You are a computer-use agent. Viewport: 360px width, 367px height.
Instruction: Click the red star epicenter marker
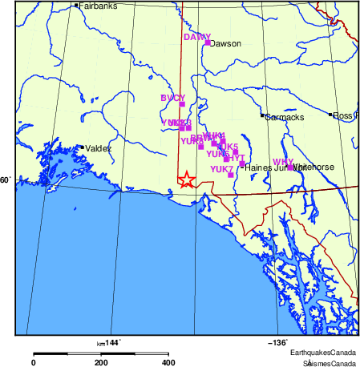[186, 179]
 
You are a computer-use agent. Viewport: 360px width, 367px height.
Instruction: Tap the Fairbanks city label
[95, 6]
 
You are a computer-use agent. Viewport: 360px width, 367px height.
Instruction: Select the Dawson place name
[225, 43]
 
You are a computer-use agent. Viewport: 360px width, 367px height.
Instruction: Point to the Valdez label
[99, 148]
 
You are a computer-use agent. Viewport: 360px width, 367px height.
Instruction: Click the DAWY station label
[196, 37]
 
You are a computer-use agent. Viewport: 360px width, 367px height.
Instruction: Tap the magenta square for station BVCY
[182, 104]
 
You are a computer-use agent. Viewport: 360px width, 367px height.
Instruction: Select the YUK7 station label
[221, 169]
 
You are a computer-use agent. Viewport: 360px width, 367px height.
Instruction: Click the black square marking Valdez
[81, 147]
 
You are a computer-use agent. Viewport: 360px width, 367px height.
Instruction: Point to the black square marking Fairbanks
[75, 6]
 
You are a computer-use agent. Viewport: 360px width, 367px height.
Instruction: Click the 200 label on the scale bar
[101, 362]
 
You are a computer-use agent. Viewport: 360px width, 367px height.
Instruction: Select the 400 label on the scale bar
[168, 362]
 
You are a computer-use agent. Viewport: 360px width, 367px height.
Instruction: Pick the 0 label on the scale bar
[33, 362]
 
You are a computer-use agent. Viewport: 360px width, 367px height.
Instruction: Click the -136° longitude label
[277, 342]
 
